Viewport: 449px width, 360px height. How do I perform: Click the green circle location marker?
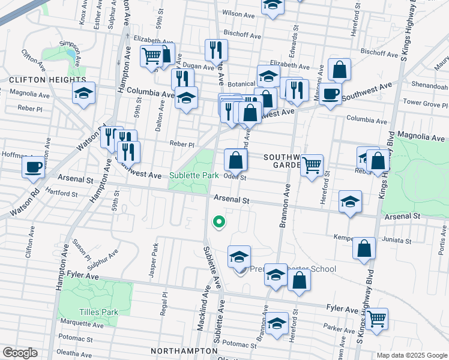pos(219,222)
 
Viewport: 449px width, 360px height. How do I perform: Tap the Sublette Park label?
pos(193,176)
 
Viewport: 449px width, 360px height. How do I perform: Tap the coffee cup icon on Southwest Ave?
pos(330,94)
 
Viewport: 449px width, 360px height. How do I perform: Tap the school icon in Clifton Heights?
pos(84,93)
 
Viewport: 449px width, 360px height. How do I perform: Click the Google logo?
pos(20,353)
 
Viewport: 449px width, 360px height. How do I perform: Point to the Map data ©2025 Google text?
pos(412,355)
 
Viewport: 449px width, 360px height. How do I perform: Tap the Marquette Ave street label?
pos(82,338)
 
